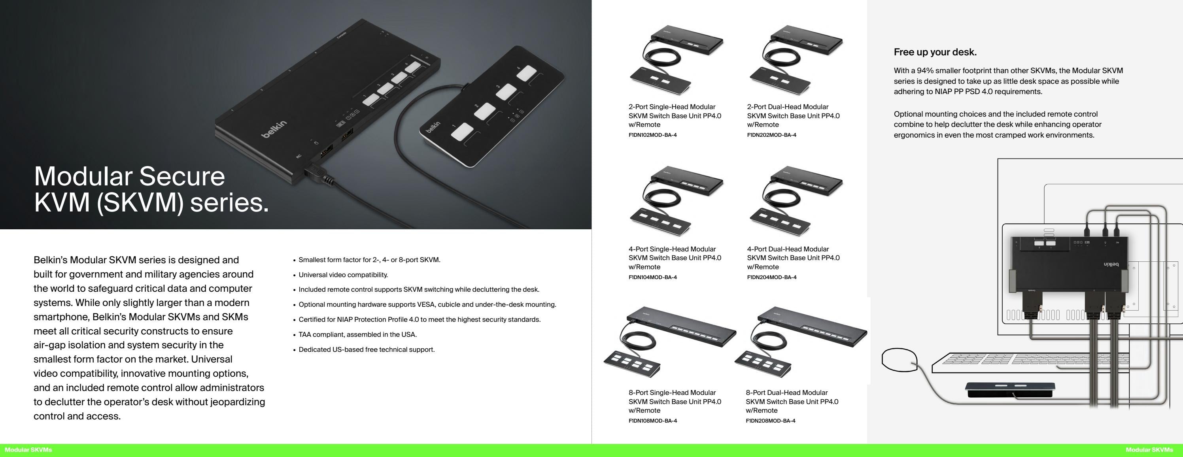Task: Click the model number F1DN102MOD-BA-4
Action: (x=652, y=135)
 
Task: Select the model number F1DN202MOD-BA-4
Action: (x=771, y=135)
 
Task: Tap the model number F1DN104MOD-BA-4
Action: (x=652, y=278)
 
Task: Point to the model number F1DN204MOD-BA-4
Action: (x=771, y=278)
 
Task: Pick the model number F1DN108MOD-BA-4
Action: (x=652, y=421)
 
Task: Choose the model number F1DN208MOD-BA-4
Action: (x=770, y=421)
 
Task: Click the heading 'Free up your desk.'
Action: (x=935, y=52)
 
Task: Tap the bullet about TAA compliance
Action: (x=357, y=334)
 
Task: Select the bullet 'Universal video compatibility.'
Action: (x=343, y=275)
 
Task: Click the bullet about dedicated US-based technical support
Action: (x=366, y=349)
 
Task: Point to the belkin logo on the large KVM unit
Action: (x=274, y=128)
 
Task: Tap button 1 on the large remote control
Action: (x=461, y=132)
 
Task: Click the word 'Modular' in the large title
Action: (x=83, y=176)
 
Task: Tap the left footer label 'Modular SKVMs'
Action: (x=28, y=450)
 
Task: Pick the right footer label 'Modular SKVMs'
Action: (x=1149, y=450)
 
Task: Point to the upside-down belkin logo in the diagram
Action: (x=1111, y=265)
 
